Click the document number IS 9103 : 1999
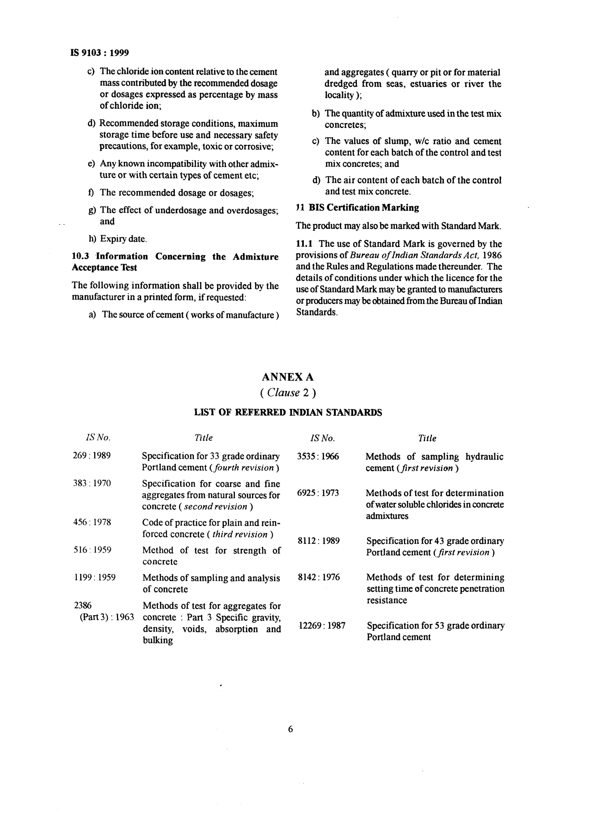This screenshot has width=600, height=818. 100,53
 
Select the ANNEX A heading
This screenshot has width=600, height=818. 288,377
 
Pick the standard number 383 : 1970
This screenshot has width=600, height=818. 92,483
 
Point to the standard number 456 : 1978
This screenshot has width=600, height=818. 92,522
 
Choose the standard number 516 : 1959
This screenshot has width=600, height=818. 92,550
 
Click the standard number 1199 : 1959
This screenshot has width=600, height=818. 94,577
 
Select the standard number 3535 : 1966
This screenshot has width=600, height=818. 318,456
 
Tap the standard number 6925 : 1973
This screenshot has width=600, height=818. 318,493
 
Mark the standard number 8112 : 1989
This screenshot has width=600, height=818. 318,541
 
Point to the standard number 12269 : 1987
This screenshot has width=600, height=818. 321,626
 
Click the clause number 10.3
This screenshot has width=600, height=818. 80,256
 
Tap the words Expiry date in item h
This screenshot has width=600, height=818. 123,239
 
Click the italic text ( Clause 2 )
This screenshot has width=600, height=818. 288,393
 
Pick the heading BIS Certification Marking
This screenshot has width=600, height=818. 364,208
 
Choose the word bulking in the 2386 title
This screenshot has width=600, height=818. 158,640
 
